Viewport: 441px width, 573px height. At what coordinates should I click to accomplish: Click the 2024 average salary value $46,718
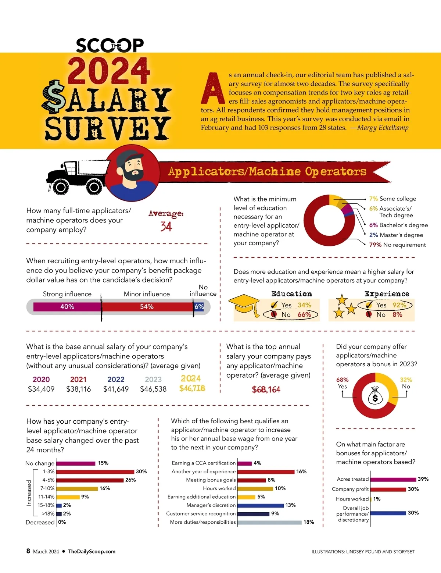192,388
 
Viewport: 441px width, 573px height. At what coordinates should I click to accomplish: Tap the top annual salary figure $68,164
266,389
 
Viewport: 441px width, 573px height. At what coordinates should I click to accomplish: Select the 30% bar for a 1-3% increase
95,471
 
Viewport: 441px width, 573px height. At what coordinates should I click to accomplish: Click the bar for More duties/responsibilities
269,522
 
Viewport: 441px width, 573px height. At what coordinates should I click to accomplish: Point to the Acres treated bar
393,479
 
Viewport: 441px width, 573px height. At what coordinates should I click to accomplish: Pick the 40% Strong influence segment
67,307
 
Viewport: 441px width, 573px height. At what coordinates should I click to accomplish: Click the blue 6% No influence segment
199,307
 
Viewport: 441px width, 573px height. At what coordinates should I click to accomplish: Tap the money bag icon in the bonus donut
375,395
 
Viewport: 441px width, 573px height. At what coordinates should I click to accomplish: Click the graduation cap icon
244,304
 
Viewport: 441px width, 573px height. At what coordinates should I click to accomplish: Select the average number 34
166,226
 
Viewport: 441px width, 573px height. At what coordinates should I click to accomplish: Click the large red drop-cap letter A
213,89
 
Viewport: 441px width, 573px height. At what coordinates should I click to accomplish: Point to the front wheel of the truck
60,187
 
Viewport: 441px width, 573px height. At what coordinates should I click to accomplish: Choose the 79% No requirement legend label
397,245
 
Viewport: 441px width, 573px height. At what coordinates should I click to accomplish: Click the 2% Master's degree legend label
396,235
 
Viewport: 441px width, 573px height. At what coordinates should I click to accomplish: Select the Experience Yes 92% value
399,305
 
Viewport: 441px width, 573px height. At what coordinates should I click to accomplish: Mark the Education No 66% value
304,314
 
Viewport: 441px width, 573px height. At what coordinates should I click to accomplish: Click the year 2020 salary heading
41,379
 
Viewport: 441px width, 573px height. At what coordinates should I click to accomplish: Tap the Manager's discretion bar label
211,505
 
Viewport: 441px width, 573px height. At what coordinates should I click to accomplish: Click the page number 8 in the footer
28,551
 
